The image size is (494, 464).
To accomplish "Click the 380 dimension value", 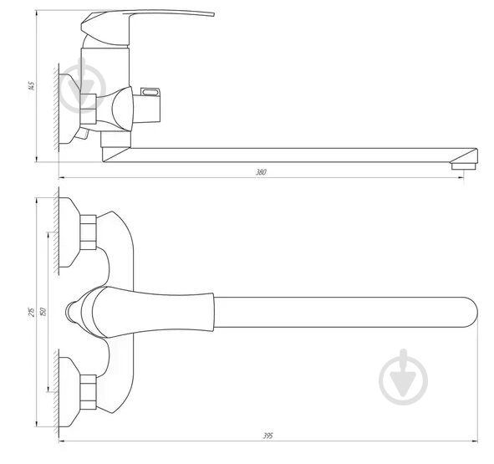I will point(261,172).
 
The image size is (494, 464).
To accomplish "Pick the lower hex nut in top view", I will point(89,391).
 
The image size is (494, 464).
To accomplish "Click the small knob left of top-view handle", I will point(71,310).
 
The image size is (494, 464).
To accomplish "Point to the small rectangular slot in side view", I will point(151,93).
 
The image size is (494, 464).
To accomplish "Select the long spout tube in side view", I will point(293,155).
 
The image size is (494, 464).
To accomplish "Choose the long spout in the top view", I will point(334,310).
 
